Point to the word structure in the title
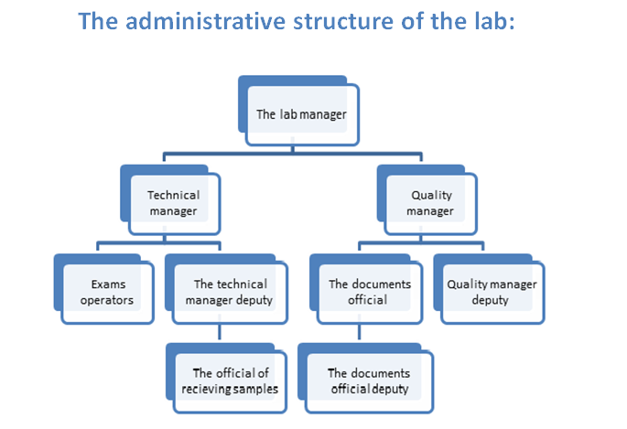343,22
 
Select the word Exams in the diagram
108,284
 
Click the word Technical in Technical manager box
174,195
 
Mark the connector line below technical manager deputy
220,331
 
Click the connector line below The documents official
359,331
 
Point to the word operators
107,300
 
